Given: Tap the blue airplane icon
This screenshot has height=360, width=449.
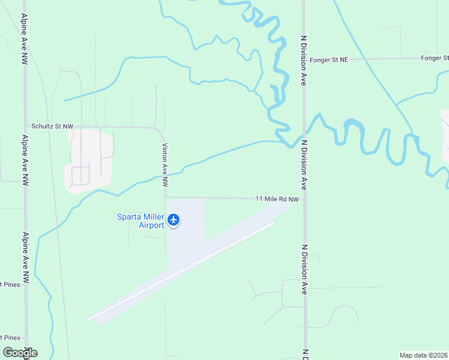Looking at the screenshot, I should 174,220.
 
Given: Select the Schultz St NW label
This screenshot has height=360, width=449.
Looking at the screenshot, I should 52,127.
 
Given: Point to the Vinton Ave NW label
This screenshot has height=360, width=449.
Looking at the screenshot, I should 164,160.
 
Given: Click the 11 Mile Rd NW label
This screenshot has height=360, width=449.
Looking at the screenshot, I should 277,199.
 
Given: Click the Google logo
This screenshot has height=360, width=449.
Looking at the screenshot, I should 20,352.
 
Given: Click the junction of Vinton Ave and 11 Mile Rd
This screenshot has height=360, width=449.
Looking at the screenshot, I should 166,196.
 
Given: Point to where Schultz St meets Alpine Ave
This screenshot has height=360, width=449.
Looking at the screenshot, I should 25,127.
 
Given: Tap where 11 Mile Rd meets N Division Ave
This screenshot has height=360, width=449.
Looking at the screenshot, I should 304,199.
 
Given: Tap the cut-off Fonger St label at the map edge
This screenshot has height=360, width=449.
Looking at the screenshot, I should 435,58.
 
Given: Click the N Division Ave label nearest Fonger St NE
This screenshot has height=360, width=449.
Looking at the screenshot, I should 304,60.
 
